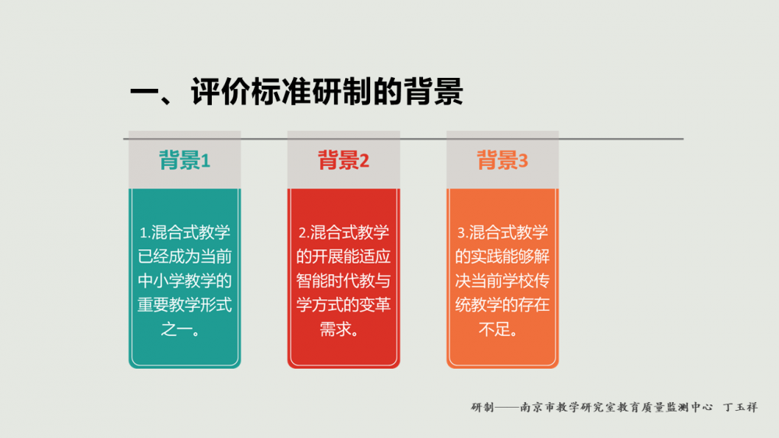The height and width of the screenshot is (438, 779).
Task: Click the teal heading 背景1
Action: (x=185, y=161)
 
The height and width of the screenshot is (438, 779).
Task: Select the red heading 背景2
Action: (x=344, y=161)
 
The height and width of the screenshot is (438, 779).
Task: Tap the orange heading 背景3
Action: (x=502, y=161)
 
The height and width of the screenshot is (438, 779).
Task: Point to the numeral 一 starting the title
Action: (x=144, y=92)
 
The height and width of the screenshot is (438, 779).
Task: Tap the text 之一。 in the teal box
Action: (x=185, y=329)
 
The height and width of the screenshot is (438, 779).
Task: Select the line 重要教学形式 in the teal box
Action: (x=185, y=305)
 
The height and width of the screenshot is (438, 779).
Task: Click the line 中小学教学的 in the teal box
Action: (x=185, y=281)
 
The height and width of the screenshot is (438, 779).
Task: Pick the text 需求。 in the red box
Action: (x=344, y=329)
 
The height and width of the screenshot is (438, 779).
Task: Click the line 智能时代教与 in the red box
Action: (x=344, y=281)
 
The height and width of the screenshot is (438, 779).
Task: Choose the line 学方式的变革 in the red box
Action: (x=344, y=305)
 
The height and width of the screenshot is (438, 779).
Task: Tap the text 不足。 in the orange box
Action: (x=502, y=329)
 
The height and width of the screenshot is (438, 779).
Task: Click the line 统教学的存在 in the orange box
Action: (x=502, y=305)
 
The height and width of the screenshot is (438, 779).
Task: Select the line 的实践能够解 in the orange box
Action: (x=502, y=256)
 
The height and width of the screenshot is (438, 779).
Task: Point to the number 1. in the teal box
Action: (x=144, y=233)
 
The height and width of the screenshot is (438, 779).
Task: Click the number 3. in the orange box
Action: (x=461, y=233)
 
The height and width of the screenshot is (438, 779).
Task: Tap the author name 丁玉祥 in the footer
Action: (x=740, y=407)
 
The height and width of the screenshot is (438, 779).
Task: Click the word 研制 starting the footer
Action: (x=482, y=407)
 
